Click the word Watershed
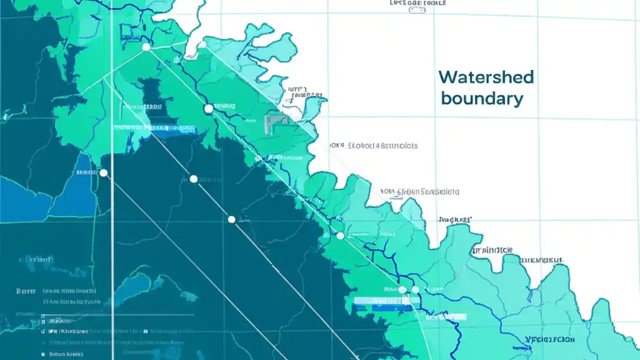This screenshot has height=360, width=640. click(x=486, y=77)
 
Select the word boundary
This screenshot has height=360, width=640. click(x=482, y=98)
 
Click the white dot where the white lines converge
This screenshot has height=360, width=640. click(x=146, y=47)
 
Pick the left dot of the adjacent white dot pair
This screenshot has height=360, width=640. click(x=402, y=289)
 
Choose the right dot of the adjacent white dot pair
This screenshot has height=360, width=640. click(x=415, y=289)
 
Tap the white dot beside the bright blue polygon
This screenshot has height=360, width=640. click(x=103, y=173)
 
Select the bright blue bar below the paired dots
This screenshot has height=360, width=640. click(x=386, y=300)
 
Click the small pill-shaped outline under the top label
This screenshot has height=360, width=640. click(x=417, y=10)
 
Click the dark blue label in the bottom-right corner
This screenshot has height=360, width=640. click(x=550, y=339)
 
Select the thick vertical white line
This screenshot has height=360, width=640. click(x=112, y=200)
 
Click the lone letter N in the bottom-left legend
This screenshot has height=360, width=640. click(x=43, y=353)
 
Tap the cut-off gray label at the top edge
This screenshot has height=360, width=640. click(x=417, y=2)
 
